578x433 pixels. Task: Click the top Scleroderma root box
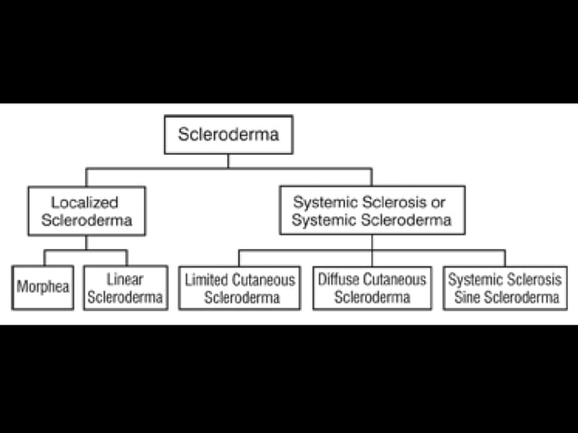(227, 136)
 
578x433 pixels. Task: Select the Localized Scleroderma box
(86, 210)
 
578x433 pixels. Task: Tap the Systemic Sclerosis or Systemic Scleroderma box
(371, 210)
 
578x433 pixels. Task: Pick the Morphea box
(43, 287)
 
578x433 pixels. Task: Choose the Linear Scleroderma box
(125, 287)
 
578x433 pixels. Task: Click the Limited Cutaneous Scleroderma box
(239, 287)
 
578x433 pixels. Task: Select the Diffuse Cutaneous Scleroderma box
(371, 287)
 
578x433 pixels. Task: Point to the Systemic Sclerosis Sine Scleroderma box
(504, 287)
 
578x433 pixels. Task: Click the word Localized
(85, 202)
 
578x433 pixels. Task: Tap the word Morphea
(43, 287)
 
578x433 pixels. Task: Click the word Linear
(125, 279)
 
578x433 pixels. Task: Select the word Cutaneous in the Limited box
(264, 279)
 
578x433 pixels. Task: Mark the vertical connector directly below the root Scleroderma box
(227, 161)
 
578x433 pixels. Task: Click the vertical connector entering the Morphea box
(43, 257)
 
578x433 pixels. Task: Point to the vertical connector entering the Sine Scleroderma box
(504, 257)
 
